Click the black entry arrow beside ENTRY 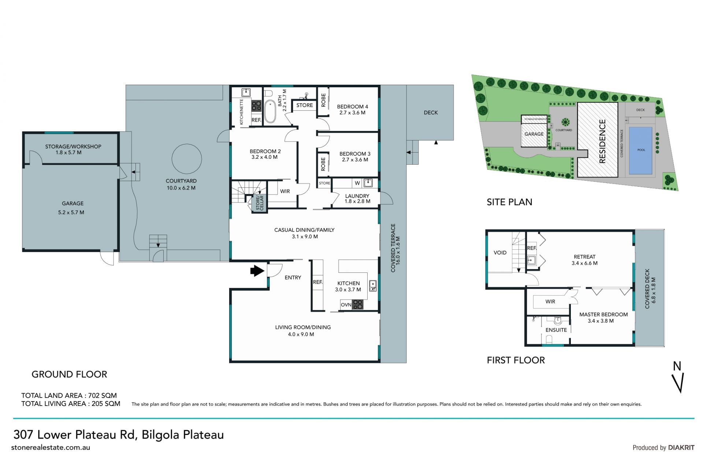257,271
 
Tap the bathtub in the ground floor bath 270,111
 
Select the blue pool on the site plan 640,150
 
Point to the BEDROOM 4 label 353,107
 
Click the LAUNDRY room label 357,196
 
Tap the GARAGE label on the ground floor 72,204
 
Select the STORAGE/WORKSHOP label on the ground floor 73,146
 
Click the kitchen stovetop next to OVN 358,304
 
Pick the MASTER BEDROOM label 603,314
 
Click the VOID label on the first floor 500,253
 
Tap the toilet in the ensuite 557,321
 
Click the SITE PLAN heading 509,202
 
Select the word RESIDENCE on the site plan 602,141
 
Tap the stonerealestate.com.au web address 51,447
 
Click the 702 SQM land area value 103,395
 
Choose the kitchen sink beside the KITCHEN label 373,286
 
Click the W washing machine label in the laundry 357,183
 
